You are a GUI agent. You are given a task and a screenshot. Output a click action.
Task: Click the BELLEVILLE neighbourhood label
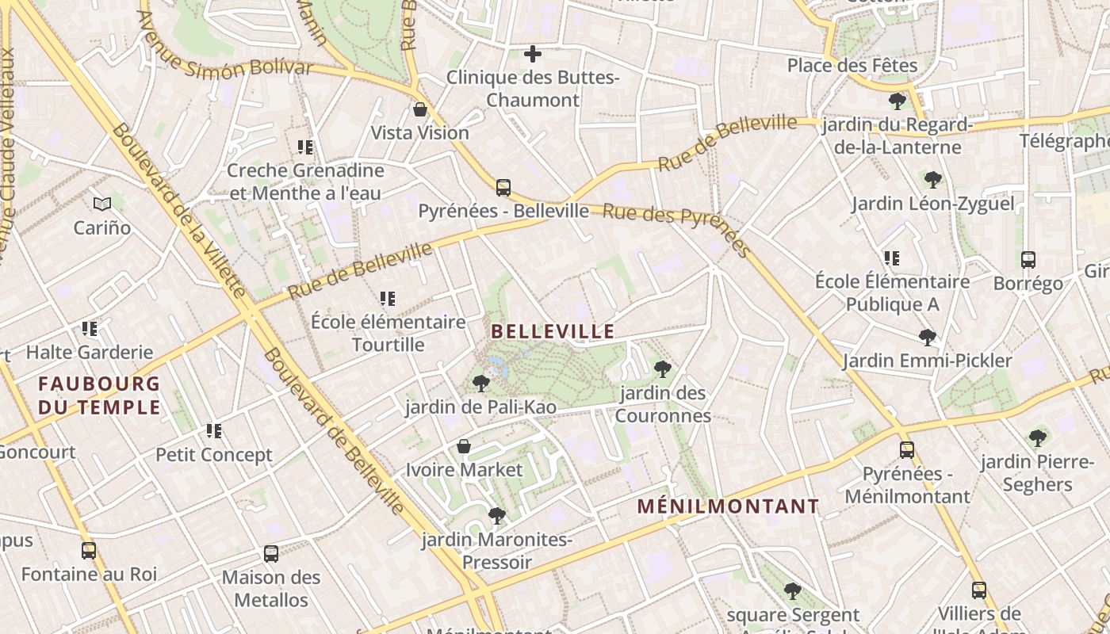[553, 331]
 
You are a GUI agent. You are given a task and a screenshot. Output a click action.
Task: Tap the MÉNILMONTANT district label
[729, 506]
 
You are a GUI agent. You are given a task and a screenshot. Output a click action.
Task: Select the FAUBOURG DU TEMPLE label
[99, 395]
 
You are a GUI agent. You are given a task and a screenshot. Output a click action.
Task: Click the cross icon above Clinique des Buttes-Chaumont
[533, 54]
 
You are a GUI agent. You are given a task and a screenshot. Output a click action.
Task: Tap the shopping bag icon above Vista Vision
[420, 109]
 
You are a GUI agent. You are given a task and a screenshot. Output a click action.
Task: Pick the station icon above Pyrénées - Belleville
[503, 188]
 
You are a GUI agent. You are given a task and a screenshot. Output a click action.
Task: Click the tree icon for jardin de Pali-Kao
[480, 384]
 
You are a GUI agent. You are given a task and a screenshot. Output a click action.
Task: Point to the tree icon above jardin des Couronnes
[663, 369]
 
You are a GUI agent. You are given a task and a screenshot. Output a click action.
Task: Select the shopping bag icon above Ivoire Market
[464, 447]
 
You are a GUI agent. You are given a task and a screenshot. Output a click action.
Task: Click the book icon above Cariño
[102, 204]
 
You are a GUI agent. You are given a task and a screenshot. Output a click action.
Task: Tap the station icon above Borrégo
[1028, 260]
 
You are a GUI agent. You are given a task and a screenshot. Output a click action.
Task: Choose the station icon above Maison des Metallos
[271, 554]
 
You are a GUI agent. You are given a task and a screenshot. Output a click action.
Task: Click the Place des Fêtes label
[852, 66]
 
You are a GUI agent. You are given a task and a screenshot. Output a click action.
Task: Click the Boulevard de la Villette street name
[178, 211]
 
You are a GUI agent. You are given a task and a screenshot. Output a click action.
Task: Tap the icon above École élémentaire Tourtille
[388, 299]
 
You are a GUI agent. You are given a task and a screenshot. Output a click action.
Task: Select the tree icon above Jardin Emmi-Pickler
[927, 338]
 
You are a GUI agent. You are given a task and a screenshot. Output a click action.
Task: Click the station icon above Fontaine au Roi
[89, 551]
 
